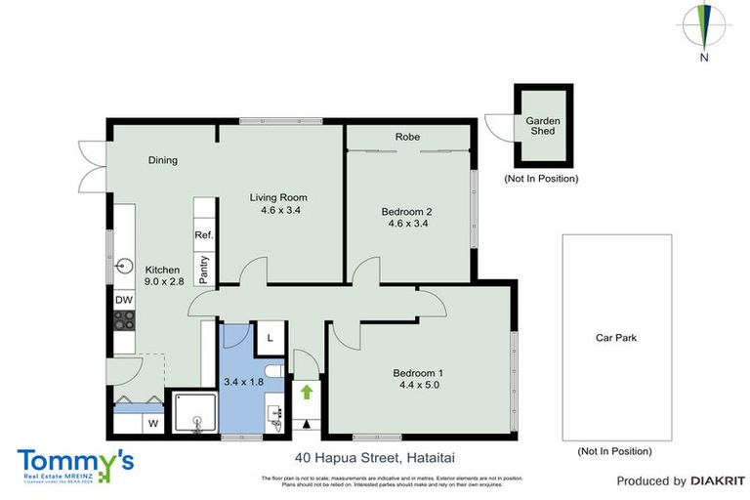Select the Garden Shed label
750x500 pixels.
click(543, 127)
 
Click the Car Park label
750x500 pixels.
click(616, 338)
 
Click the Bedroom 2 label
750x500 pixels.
click(407, 210)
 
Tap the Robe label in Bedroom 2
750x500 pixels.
click(407, 137)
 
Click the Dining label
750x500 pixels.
click(163, 160)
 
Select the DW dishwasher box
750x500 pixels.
click(124, 301)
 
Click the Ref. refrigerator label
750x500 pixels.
click(203, 235)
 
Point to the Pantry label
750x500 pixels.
click(203, 269)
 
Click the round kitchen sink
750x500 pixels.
click(125, 266)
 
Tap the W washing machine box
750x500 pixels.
click(152, 424)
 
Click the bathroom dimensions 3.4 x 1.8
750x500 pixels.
click(243, 382)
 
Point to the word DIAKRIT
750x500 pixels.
click(718, 480)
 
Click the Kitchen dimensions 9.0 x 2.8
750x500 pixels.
click(164, 281)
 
